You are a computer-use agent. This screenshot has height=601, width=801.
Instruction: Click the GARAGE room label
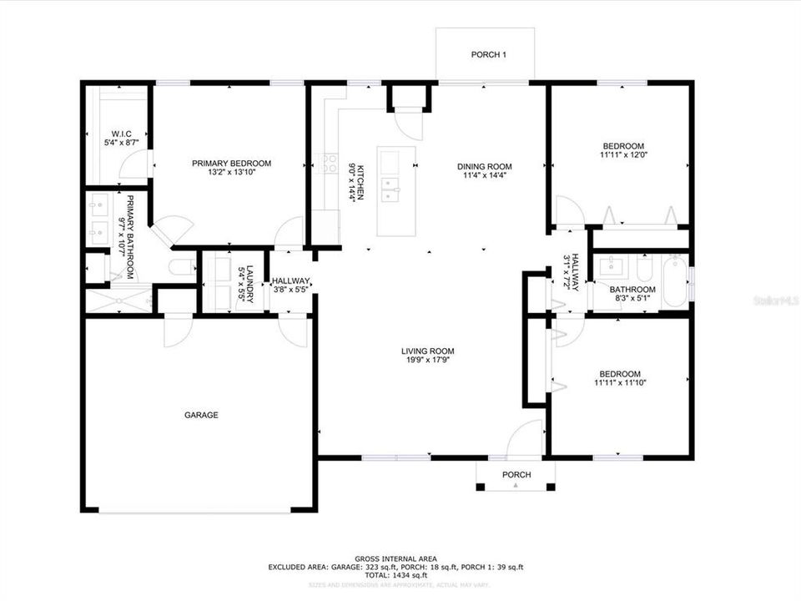[201, 415]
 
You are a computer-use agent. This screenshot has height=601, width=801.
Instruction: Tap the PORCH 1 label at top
[488, 55]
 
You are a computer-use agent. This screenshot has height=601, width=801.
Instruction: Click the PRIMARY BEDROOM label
[231, 164]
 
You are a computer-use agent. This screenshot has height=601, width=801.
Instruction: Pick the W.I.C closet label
[121, 134]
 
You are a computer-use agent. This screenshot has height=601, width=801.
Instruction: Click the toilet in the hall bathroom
[644, 269]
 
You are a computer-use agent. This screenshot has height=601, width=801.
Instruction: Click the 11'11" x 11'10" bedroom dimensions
[620, 383]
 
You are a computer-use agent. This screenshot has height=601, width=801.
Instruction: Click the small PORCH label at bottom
[516, 475]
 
